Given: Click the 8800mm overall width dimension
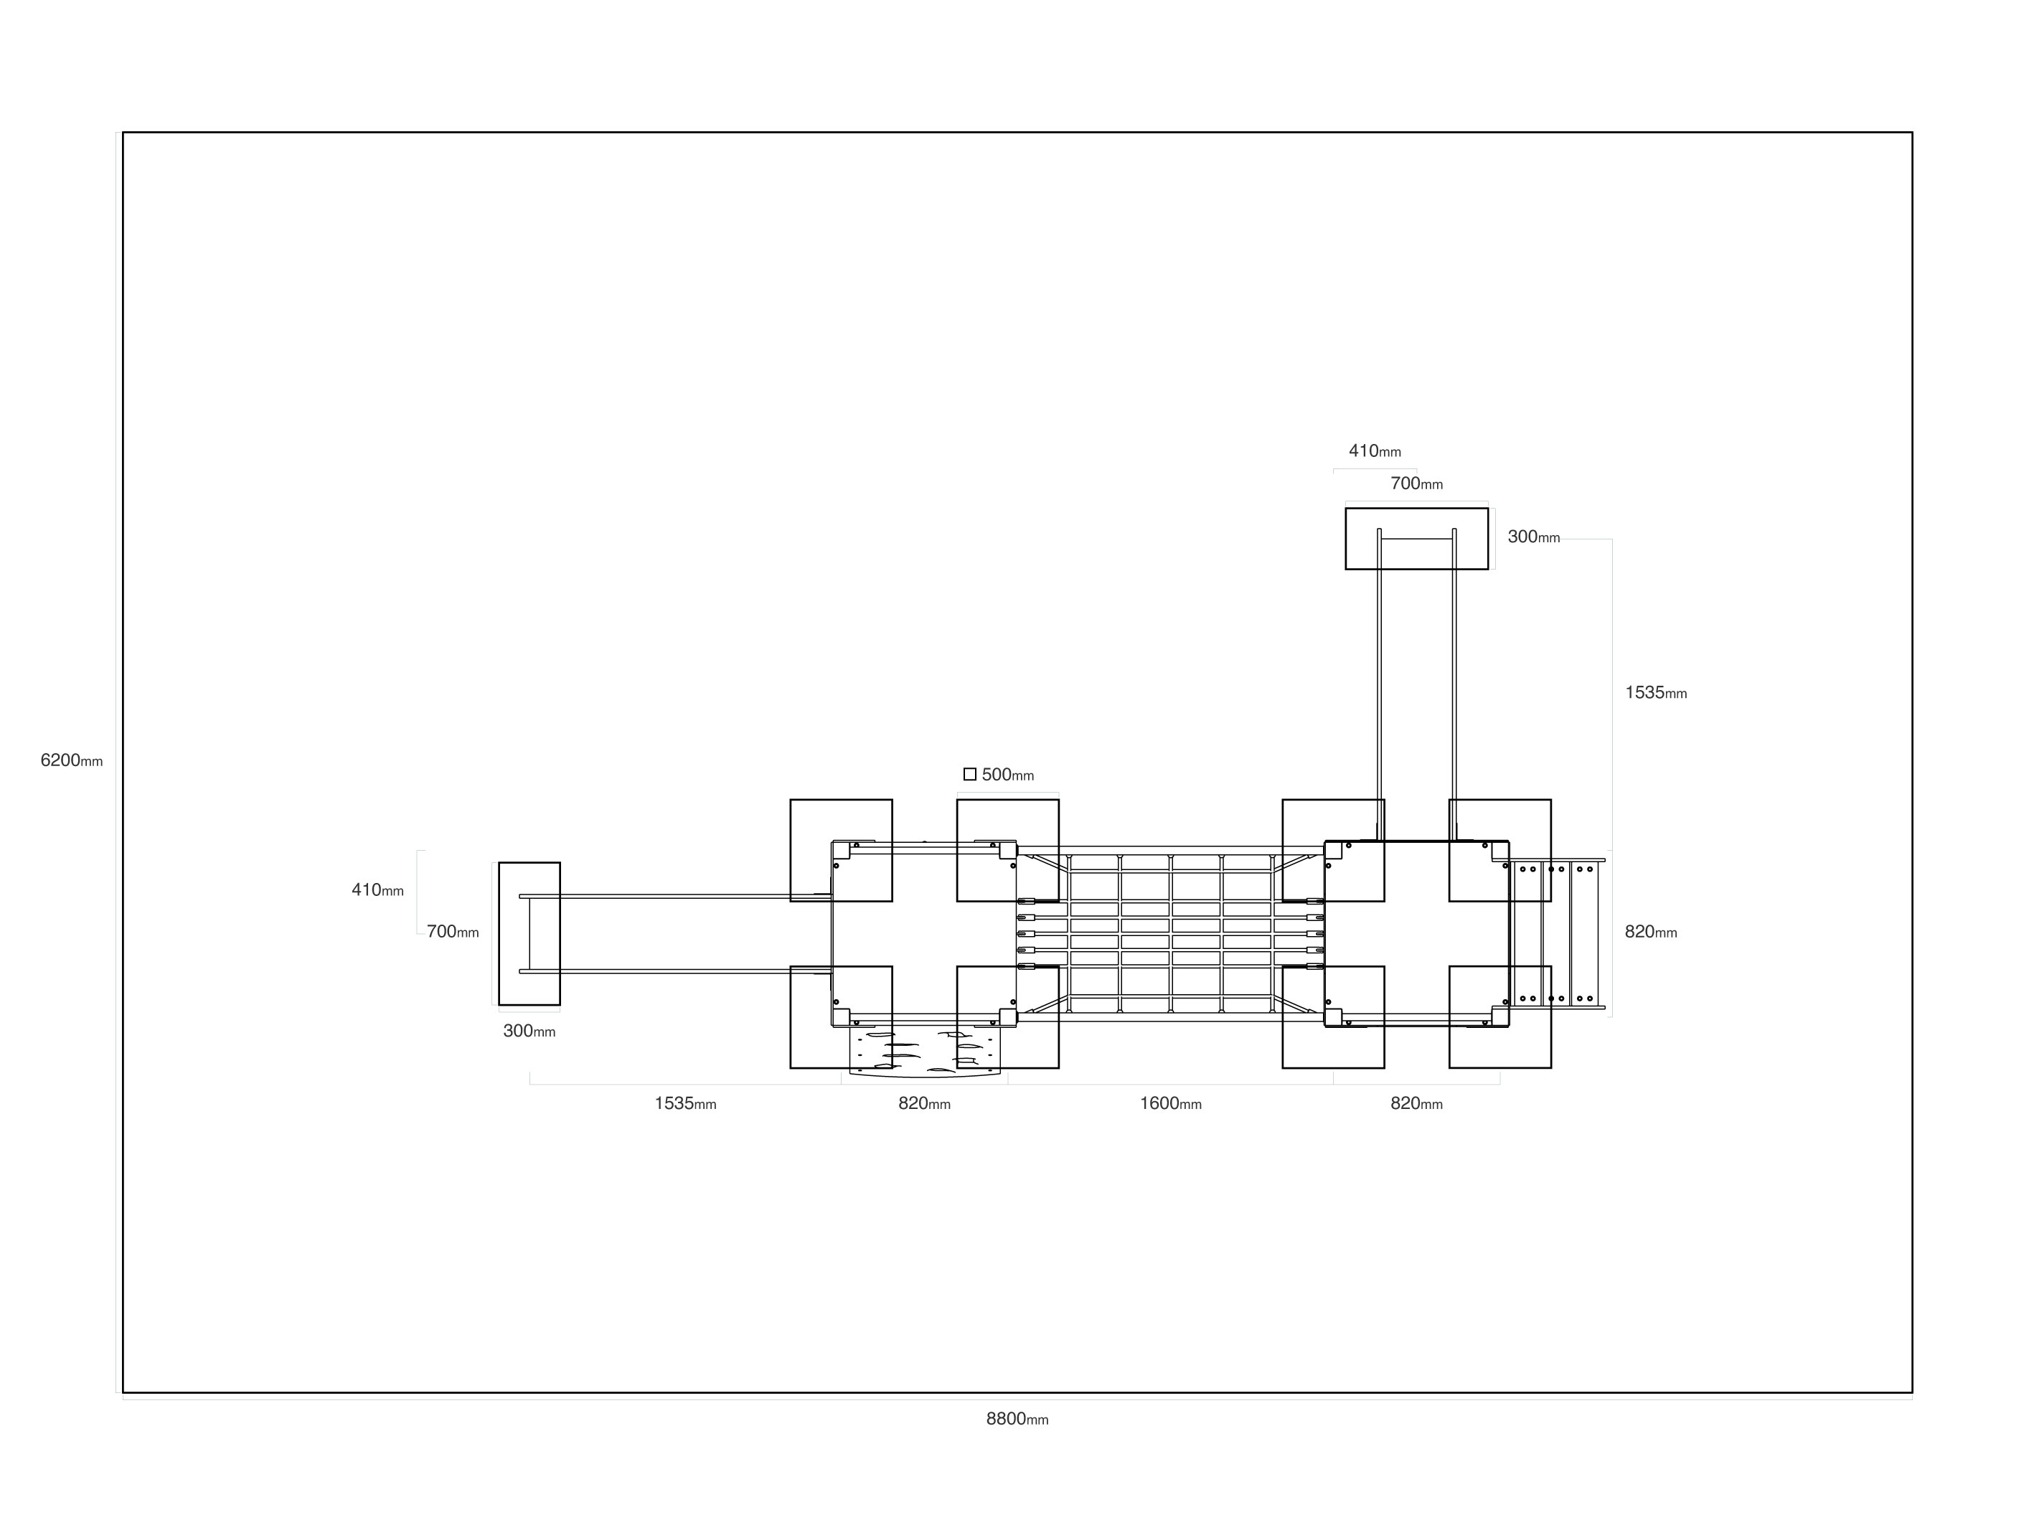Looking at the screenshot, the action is click(x=1017, y=1420).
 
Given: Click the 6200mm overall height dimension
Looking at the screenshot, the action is click(x=72, y=760).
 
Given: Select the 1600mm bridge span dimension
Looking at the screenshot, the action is click(x=1171, y=1103).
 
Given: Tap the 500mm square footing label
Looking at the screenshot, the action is click(x=1008, y=775).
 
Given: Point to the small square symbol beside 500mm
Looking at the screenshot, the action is click(x=969, y=774).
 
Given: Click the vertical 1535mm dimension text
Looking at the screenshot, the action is click(x=1656, y=693).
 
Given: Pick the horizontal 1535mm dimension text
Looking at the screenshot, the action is click(x=685, y=1103).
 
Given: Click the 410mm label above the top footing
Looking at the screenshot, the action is click(x=1375, y=450).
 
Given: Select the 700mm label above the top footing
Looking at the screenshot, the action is click(x=1416, y=483).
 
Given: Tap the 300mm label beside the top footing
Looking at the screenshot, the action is click(x=1534, y=537).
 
